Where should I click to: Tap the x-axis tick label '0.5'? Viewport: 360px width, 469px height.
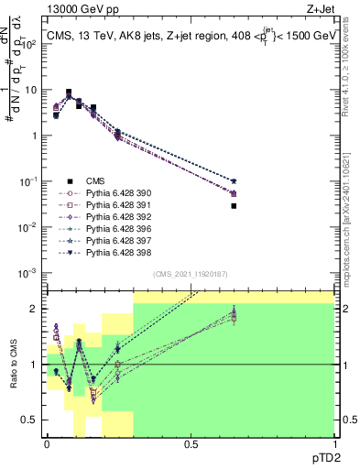click(191, 445)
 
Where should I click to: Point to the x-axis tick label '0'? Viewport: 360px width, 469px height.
click(47, 445)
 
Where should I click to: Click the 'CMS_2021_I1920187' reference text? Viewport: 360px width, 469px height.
click(191, 275)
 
